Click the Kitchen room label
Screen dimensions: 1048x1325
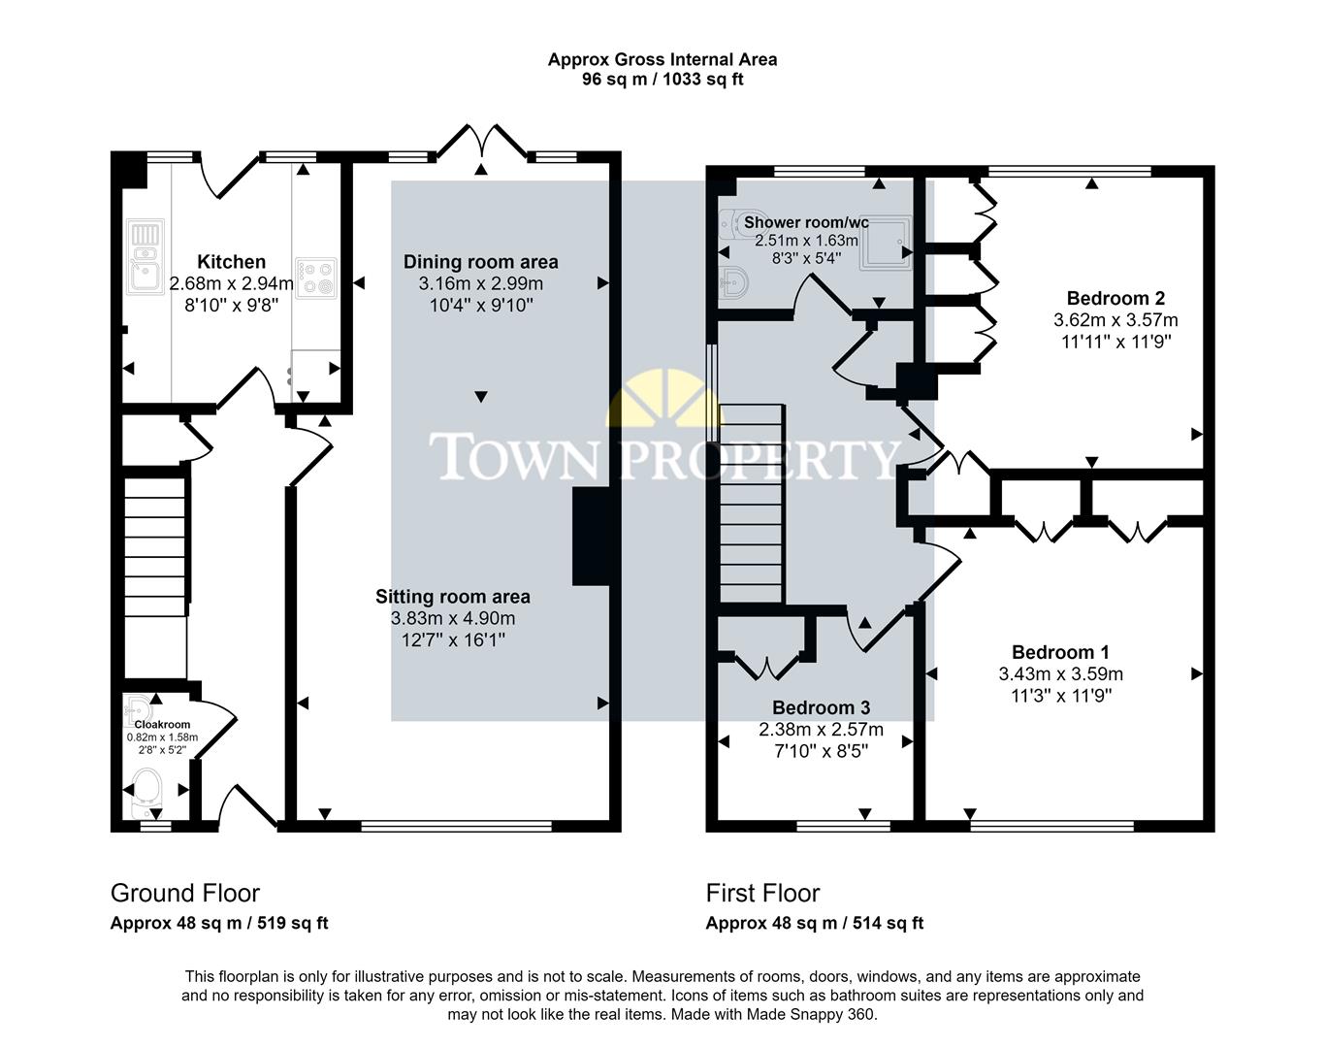(231, 262)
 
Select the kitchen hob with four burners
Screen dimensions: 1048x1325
(315, 278)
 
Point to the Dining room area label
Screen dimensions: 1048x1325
(480, 262)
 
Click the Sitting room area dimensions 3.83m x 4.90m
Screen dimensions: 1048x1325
(453, 618)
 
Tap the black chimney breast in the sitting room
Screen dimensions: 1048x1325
(591, 536)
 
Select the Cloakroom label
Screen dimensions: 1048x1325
(162, 724)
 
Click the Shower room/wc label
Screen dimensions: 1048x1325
(806, 223)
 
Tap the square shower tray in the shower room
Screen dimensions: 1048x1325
(888, 240)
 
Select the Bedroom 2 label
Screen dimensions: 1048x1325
(1115, 298)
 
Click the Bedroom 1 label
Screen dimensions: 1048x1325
(1060, 652)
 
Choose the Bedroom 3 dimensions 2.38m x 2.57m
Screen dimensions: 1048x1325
(821, 730)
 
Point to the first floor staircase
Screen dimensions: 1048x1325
(751, 505)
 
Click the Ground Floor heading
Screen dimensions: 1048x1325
(185, 893)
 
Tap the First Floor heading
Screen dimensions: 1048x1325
(762, 893)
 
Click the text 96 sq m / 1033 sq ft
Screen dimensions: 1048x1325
(662, 80)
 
